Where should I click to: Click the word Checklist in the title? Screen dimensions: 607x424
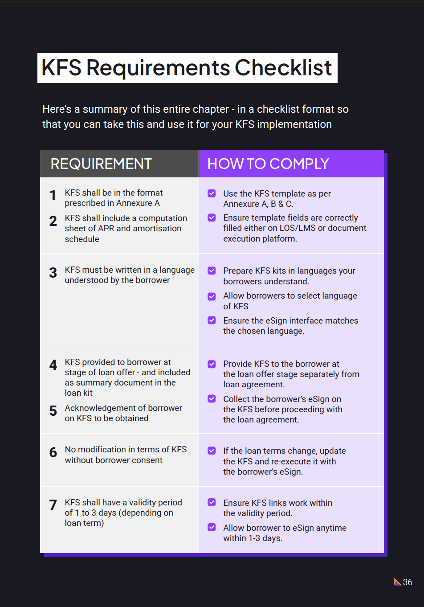click(x=283, y=68)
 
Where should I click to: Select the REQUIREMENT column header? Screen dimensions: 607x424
click(x=101, y=164)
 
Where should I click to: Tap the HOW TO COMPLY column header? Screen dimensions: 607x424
click(x=268, y=164)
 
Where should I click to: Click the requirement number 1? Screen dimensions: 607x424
click(x=53, y=195)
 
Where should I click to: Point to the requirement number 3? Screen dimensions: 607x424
click(x=53, y=273)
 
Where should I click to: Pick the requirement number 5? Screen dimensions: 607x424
click(x=53, y=411)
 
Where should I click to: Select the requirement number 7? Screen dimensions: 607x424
click(x=53, y=505)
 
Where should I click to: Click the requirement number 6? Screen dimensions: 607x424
click(x=53, y=452)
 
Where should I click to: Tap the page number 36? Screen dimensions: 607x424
click(x=408, y=582)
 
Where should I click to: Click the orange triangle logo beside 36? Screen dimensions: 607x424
click(x=397, y=582)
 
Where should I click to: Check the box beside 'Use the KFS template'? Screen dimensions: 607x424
click(x=212, y=193)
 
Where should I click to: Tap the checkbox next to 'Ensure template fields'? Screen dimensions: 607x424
click(x=212, y=217)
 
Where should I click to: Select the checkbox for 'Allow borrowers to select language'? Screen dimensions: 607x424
click(x=212, y=296)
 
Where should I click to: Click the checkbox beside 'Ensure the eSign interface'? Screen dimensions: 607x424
click(x=212, y=320)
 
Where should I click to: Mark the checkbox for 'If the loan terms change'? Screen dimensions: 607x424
click(x=212, y=451)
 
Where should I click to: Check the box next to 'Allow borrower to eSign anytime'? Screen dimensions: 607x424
click(x=212, y=528)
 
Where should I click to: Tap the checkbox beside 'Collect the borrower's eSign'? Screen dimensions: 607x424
click(x=212, y=399)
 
